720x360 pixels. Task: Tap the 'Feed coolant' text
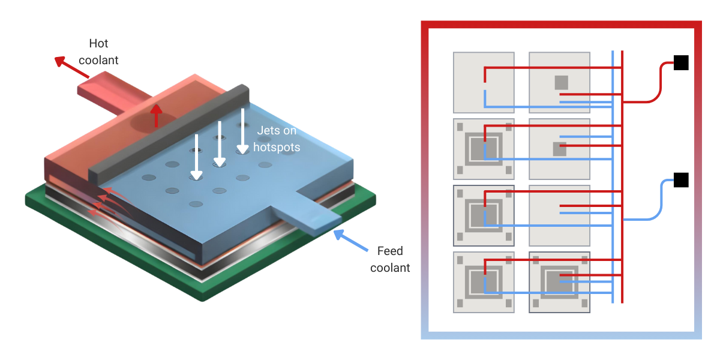pyautogui.click(x=390, y=259)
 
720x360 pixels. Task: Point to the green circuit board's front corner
pyautogui.click(x=207, y=294)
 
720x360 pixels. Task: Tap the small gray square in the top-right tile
pyautogui.click(x=561, y=82)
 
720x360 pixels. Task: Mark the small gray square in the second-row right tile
pyautogui.click(x=559, y=149)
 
